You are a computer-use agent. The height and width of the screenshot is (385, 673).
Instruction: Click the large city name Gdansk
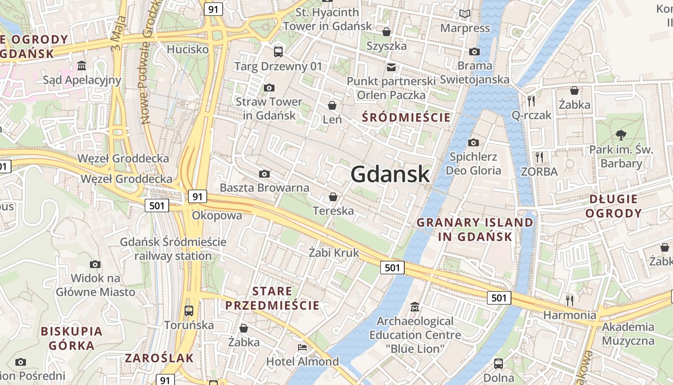point(390,174)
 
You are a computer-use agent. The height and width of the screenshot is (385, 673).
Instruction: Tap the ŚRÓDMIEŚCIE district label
point(406,117)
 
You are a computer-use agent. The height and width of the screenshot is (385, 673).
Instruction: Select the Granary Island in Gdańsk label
point(475,230)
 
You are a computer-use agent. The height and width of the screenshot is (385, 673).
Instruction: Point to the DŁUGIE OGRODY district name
point(613,205)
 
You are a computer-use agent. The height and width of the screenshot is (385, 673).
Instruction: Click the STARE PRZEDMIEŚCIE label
point(272,298)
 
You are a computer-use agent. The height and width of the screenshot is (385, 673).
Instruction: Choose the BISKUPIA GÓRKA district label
point(72,338)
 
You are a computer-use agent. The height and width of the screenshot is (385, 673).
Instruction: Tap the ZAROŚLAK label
point(159,358)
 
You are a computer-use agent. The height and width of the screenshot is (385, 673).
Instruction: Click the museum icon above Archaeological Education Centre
point(414,307)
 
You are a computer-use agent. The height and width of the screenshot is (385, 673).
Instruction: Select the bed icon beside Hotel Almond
point(302,347)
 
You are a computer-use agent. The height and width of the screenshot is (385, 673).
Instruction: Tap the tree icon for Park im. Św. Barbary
point(621,135)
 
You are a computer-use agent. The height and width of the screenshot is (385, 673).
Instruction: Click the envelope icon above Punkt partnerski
point(391,67)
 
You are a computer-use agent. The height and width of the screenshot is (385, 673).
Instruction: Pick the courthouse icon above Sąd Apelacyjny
point(82,65)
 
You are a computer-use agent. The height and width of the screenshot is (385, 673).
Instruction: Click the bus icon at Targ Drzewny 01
point(278,52)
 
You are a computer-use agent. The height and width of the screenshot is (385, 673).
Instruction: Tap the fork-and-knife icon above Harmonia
point(570,301)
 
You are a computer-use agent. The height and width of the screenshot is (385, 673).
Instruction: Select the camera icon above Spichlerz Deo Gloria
point(474,142)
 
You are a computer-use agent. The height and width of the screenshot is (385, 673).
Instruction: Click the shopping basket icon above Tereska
point(333,197)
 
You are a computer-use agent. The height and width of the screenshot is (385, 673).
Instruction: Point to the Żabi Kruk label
point(334,253)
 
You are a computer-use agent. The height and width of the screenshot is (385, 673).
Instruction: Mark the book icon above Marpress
point(464,14)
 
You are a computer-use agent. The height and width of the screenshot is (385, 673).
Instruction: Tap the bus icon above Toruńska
point(189,311)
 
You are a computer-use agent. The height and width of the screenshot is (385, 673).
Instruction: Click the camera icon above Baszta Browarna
point(264,174)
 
